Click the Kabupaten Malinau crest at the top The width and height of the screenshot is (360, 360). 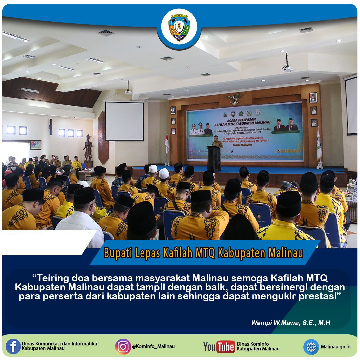click(x=179, y=27)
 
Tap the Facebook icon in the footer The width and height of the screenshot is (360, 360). click(x=13, y=346)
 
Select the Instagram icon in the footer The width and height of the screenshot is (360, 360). click(x=123, y=346)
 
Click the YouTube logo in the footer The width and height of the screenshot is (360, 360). click(x=219, y=347)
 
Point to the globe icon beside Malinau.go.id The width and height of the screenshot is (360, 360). click(x=311, y=347)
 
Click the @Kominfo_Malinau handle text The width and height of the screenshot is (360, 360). click(x=153, y=346)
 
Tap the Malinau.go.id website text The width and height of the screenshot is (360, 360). click(x=336, y=347)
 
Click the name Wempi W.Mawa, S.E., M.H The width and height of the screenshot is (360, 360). click(x=291, y=322)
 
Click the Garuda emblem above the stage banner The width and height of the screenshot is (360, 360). click(x=234, y=98)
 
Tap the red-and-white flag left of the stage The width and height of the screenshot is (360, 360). click(x=167, y=142)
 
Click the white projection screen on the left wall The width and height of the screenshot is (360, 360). click(x=124, y=121)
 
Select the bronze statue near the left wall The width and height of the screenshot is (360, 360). click(x=88, y=149)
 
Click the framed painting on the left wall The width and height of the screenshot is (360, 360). click(x=36, y=145)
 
